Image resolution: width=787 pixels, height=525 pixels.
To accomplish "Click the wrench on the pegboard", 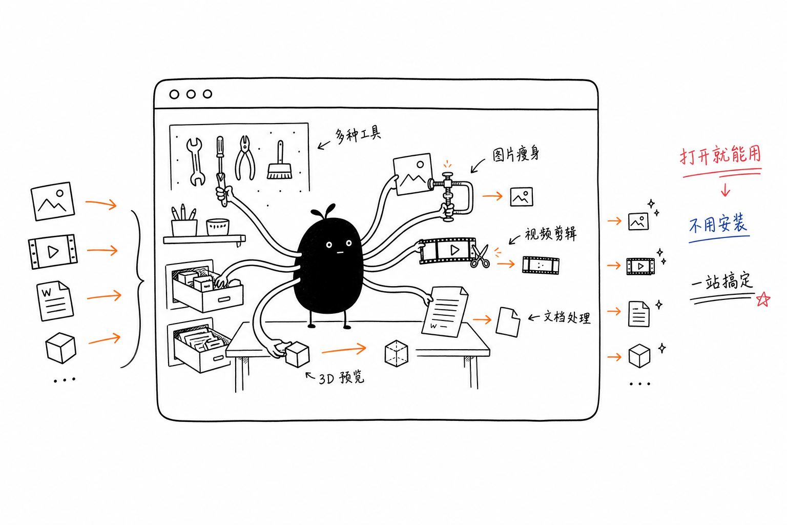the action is [x=195, y=161].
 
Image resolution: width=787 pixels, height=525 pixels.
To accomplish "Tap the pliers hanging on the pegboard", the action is [x=245, y=158].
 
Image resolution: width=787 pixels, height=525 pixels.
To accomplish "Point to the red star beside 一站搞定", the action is [x=763, y=299].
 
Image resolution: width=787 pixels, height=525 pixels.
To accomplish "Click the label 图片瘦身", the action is [x=515, y=154].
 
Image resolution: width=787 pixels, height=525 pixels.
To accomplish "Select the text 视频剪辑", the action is [x=551, y=234].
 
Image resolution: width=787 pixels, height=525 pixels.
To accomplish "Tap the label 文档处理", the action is [x=567, y=317].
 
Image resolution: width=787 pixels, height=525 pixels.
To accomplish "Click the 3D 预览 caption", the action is [x=341, y=378].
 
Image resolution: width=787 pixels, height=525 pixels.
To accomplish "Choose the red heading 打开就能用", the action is [x=720, y=155].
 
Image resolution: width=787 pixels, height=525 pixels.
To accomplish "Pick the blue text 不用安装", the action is [x=718, y=224].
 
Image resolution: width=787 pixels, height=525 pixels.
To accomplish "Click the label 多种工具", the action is [x=358, y=135].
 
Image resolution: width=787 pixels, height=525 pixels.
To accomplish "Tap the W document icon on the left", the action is [x=55, y=301].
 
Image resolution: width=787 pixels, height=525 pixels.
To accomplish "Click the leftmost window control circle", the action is [x=174, y=94].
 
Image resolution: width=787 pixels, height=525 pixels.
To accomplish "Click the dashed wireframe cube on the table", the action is [x=396, y=353].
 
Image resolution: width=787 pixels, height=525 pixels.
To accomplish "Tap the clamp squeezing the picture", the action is [x=451, y=196].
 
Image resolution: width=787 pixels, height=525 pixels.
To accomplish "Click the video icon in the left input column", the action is [x=53, y=252].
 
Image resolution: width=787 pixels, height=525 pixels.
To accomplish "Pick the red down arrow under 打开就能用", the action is [x=726, y=190].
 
